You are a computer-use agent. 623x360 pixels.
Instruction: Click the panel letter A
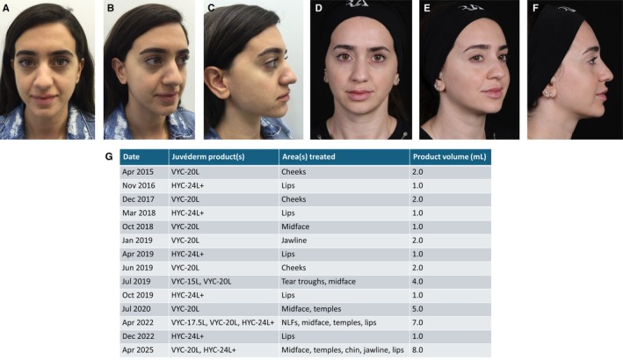click(6, 8)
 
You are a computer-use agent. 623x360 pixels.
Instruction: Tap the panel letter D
click(318, 8)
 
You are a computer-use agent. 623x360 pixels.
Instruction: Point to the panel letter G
click(109, 156)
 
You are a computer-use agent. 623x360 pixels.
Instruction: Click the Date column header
click(131, 157)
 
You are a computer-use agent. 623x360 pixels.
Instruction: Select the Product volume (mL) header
click(449, 157)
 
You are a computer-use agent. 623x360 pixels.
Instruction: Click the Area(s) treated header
click(308, 157)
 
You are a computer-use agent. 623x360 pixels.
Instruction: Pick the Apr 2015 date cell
click(137, 172)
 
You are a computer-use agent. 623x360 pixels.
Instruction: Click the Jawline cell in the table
click(294, 240)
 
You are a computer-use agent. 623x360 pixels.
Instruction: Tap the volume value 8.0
click(417, 349)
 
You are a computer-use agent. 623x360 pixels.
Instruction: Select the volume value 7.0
click(417, 322)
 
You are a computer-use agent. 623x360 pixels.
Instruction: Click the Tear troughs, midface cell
click(318, 281)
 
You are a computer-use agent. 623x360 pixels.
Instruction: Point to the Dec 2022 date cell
click(138, 336)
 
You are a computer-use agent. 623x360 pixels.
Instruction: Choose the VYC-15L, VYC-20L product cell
click(201, 281)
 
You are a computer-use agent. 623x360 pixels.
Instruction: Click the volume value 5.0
click(417, 309)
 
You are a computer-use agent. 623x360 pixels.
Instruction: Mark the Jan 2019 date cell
click(137, 240)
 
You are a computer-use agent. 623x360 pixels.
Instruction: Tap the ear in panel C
click(214, 83)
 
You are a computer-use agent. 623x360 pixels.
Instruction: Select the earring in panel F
click(548, 92)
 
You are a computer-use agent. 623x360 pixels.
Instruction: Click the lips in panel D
click(359, 95)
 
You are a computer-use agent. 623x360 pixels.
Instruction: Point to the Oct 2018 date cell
click(137, 227)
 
